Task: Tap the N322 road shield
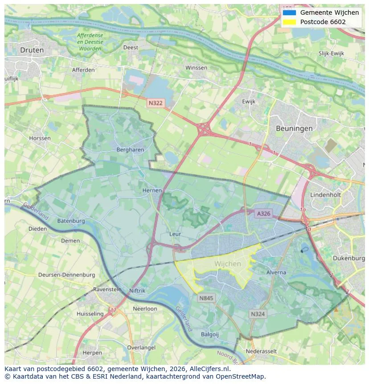click(156, 103)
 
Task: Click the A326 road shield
click(263, 214)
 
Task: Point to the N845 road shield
click(207, 298)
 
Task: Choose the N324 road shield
click(258, 314)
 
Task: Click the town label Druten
click(32, 50)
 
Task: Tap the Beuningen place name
click(294, 128)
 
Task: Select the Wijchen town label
click(227, 264)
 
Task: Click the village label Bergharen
click(130, 150)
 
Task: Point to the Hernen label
click(152, 190)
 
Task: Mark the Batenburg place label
click(71, 221)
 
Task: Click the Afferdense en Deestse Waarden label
click(90, 41)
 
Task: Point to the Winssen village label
click(196, 68)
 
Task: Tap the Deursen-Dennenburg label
click(66, 275)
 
